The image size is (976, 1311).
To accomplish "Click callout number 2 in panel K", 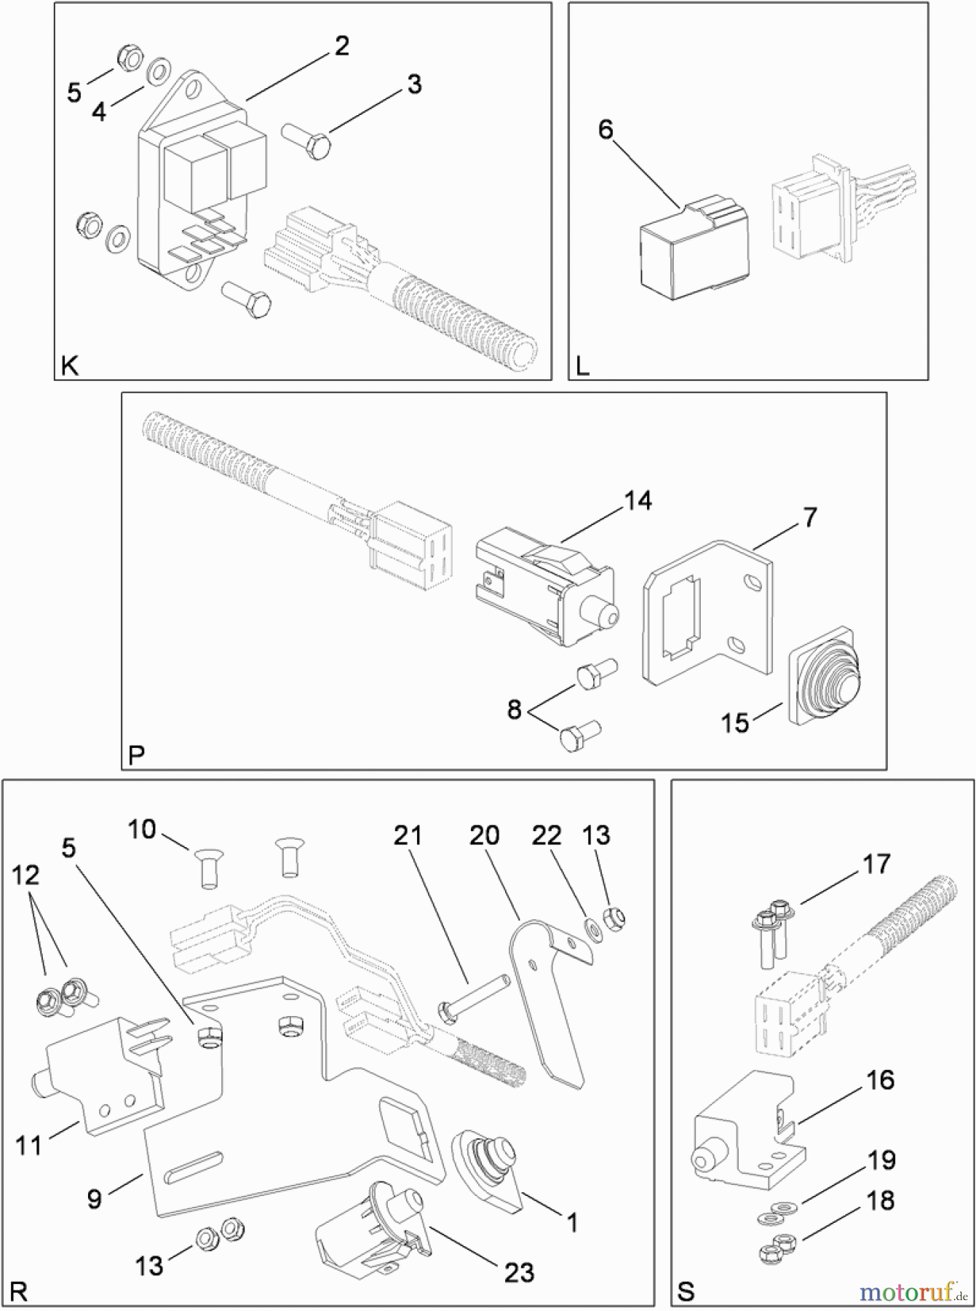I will point(341,46).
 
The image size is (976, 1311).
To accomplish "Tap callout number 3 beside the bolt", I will point(413,84).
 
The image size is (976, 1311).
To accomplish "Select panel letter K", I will point(69,366).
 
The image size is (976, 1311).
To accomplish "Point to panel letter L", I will point(582,366).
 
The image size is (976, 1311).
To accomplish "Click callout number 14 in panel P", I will point(638,501).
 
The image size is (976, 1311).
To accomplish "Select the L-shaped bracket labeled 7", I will point(706,612).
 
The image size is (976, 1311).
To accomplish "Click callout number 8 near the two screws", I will point(515,709).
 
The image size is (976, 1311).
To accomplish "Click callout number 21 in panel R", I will point(408,835).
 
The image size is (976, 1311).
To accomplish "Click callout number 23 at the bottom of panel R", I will point(519,1272).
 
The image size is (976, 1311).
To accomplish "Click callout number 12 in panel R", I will point(25,875).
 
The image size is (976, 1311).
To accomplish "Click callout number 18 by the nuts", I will point(881,1221).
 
